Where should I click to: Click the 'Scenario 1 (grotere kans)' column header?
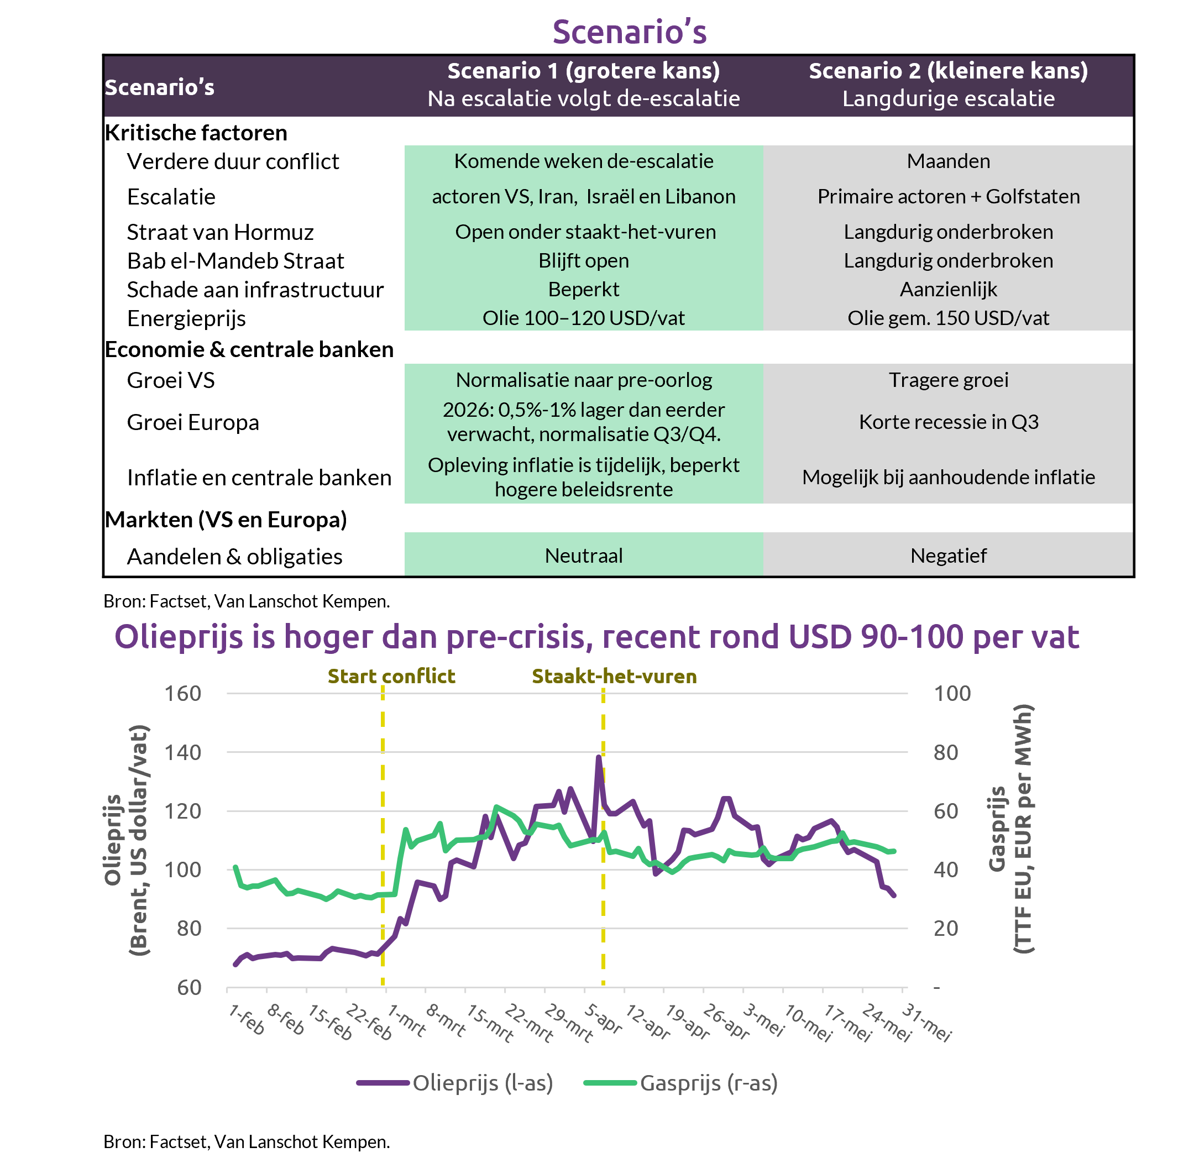583,85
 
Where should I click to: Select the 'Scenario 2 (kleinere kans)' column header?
948,85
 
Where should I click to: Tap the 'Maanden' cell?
948,161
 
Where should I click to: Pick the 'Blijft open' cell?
583,261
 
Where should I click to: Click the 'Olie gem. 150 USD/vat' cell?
948,318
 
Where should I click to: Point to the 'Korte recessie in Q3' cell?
948,422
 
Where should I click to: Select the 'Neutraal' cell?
583,555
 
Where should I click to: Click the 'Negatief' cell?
948,555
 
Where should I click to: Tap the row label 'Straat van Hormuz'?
220,232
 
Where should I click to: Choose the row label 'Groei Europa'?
193,422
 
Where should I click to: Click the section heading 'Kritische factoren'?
196,133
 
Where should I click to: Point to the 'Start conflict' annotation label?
391,676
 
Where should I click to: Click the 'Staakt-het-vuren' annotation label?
614,676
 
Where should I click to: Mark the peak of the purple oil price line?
599,757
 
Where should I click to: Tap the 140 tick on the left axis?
182,752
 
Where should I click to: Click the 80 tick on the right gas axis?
945,752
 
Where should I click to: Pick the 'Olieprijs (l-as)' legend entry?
455,1083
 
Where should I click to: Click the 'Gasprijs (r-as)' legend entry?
681,1083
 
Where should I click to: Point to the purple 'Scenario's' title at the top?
629,32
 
